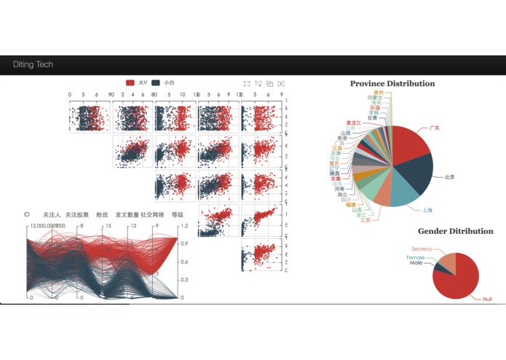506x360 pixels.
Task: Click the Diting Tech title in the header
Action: click(33, 65)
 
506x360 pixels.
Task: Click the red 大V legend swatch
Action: click(130, 84)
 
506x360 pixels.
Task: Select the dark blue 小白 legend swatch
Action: click(156, 84)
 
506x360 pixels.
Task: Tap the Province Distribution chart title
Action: click(392, 84)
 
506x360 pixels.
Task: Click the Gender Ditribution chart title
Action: click(455, 231)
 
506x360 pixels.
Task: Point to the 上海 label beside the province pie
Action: click(427, 210)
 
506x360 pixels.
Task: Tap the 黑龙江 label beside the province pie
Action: click(352, 122)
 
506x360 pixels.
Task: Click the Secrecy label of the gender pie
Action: click(422, 249)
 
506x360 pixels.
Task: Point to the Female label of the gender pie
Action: click(416, 257)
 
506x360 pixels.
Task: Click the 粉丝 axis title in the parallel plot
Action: click(103, 215)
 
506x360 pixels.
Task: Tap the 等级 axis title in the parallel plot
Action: click(178, 215)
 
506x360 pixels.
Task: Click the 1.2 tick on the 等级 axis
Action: click(183, 226)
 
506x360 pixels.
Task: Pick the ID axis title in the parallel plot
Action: click(27, 215)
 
